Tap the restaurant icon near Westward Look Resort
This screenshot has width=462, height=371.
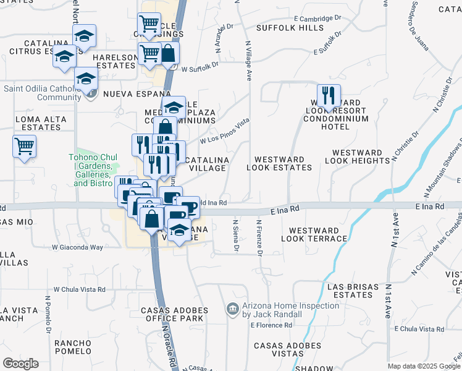(329, 95)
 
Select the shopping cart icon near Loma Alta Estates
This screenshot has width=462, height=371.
(24, 147)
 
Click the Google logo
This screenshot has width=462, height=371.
(20, 364)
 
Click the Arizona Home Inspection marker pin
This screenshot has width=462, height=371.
(232, 309)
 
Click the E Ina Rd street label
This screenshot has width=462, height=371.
(285, 211)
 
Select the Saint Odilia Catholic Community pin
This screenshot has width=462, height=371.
(91, 94)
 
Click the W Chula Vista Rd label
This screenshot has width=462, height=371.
(79, 289)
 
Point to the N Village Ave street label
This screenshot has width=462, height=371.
(249, 61)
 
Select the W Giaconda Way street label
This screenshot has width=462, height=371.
(77, 247)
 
